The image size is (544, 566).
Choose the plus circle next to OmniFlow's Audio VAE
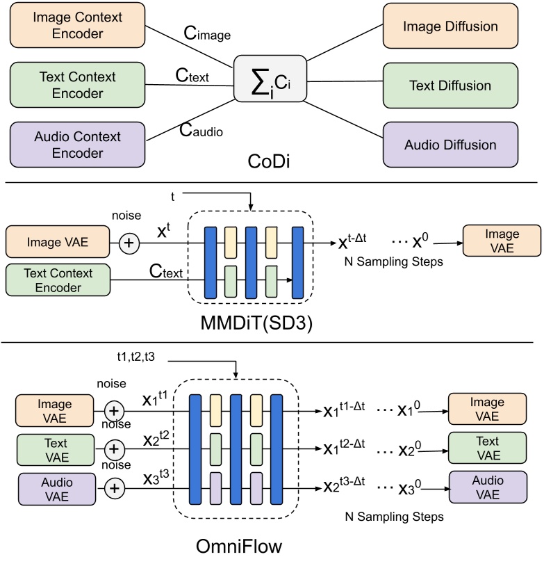pos(116,489)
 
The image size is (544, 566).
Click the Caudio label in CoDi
pos(201,129)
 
